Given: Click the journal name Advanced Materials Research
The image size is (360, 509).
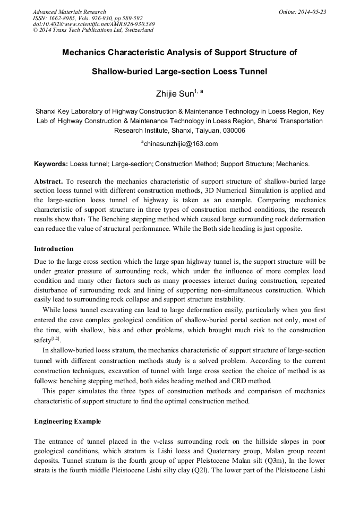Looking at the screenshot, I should [70, 12].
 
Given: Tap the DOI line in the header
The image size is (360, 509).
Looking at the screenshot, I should [94, 24].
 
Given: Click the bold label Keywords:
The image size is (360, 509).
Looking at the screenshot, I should [51, 164].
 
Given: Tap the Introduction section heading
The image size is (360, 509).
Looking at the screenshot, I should [54, 249].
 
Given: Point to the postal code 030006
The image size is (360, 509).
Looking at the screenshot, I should [234, 131].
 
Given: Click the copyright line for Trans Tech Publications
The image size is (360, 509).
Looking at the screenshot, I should [93, 30].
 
